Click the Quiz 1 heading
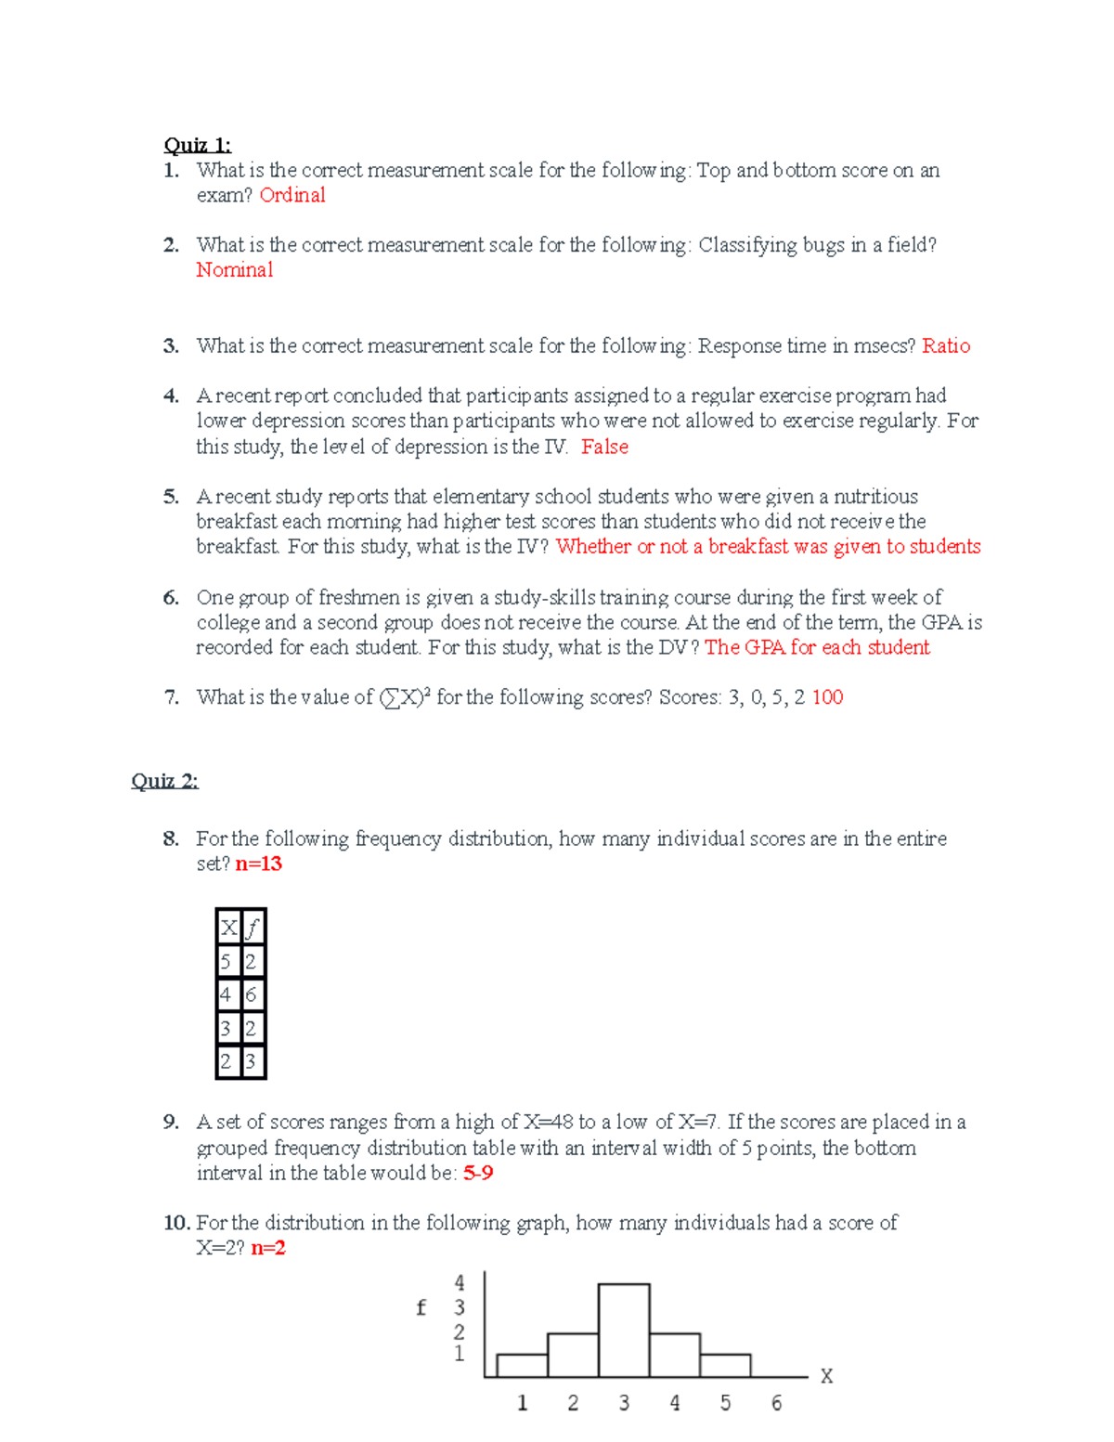pos(197,145)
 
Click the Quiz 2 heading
pos(164,781)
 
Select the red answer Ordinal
pos(292,195)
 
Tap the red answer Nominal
pos(234,270)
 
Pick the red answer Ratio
pos(946,346)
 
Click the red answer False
pos(604,447)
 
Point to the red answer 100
pos(827,697)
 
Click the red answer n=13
pos(258,864)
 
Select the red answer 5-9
pos(478,1174)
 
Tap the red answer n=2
pos(267,1248)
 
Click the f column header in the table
pos(253,927)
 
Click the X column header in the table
pos(227,927)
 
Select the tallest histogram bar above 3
pos(624,1330)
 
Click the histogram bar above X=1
pos(522,1365)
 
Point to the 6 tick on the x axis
pos(776,1403)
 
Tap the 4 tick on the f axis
pos(459,1283)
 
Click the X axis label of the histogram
pos(826,1376)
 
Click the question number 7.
pos(171,697)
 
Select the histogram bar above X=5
pos(725,1365)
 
